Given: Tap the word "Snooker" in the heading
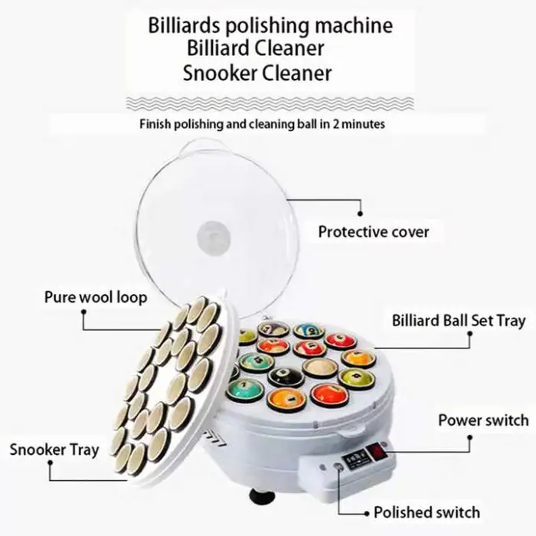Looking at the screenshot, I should point(221,74).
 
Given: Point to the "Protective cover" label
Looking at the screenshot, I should point(374,231).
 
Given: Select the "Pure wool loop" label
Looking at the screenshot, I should point(96,296).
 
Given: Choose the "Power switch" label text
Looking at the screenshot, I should point(482,420).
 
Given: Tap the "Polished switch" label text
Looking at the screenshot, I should point(427,512).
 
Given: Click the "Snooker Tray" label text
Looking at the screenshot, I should point(54,449).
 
